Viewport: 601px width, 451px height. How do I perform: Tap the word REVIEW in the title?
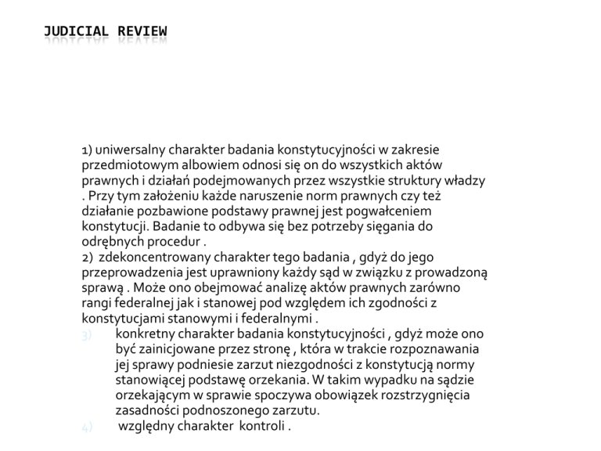[x=142, y=31]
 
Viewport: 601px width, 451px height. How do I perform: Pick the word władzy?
[x=468, y=180]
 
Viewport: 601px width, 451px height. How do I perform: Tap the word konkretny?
[x=146, y=334]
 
